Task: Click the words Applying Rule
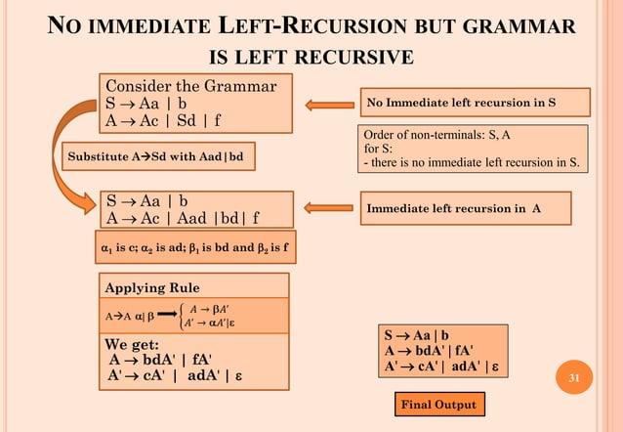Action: point(152,287)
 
